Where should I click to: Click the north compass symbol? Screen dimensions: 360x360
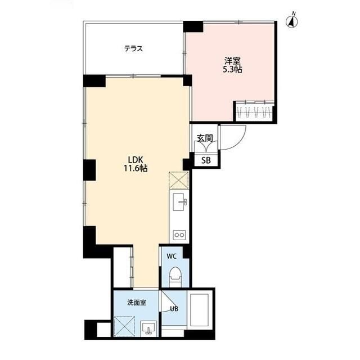click(292, 21)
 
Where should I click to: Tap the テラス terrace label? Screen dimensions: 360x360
click(133, 48)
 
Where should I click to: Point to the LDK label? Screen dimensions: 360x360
click(136, 158)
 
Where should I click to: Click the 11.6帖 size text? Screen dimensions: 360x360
click(136, 168)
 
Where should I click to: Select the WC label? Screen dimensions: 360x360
click(172, 256)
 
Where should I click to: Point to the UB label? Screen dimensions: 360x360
click(174, 308)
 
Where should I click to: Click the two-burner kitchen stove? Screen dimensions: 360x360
click(179, 233)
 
